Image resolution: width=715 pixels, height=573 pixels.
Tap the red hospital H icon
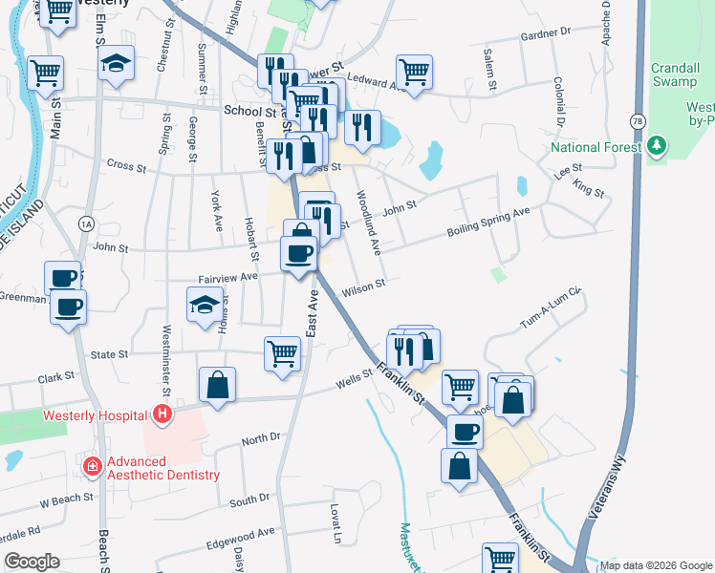162,414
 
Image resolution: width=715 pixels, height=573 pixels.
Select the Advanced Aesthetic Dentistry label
162,468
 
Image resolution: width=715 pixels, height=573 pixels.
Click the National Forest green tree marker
656,147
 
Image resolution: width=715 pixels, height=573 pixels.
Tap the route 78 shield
637,120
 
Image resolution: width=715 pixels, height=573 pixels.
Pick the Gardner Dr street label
545,33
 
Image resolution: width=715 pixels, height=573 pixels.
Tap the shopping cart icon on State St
283,352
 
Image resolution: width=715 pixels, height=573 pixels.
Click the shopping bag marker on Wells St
218,385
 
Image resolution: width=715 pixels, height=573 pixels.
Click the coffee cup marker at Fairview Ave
300,253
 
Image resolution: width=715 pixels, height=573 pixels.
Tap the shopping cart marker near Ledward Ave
414,71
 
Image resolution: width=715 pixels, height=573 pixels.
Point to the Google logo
32,562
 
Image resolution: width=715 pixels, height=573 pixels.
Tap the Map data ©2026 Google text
656,565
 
